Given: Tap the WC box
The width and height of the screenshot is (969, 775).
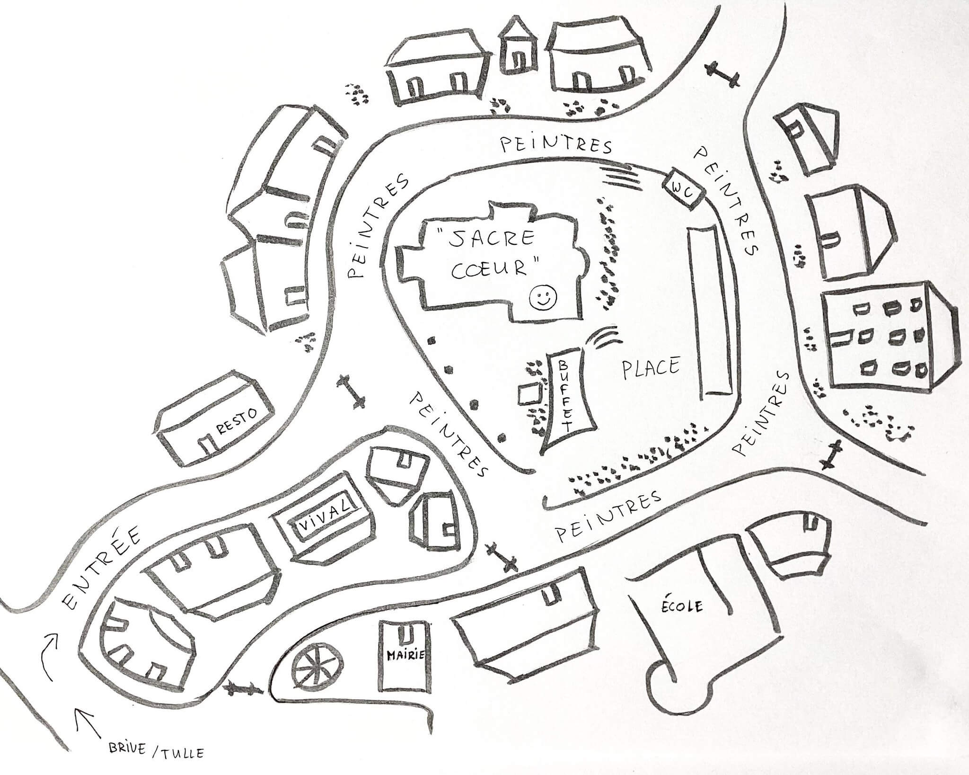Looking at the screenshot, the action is point(685,190).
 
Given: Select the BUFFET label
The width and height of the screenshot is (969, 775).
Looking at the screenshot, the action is point(566,396).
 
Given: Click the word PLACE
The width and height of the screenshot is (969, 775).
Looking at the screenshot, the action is point(651,368).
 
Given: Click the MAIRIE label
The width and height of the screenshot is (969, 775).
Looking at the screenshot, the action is point(404,656).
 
